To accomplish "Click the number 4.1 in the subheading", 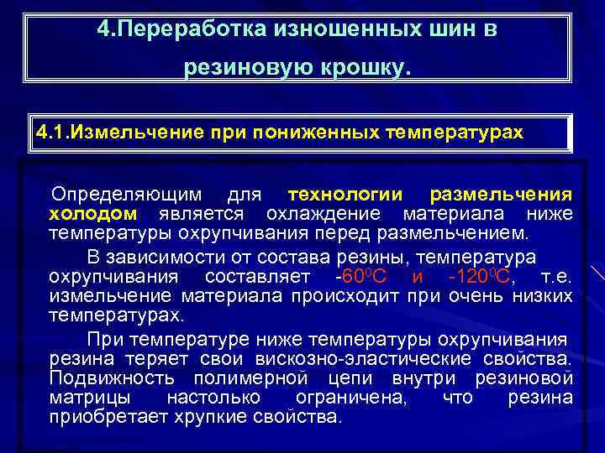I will coord(51,132).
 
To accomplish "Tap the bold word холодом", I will coord(87,213).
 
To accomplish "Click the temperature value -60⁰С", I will coord(361,278).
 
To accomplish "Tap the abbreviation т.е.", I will coord(558,278).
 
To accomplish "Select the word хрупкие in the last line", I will coord(213,416).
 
